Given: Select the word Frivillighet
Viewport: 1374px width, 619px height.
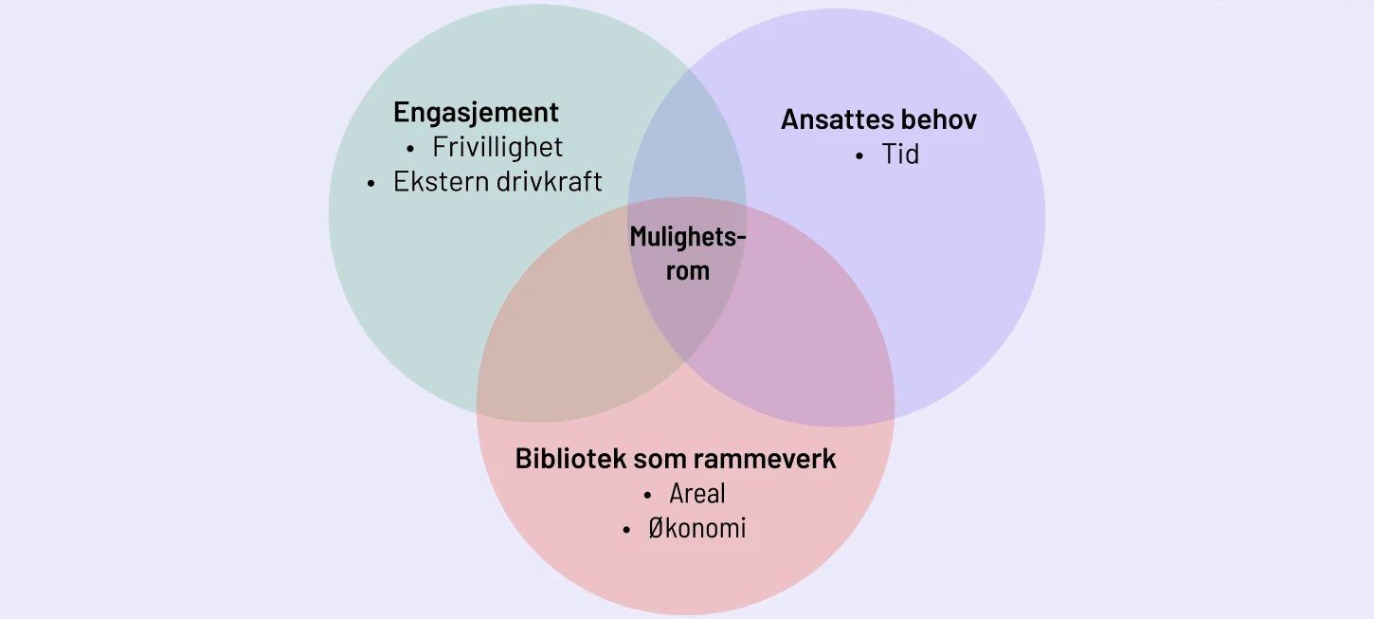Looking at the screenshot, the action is click(x=497, y=147).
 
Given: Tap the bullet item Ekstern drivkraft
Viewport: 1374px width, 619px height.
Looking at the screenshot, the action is click(x=497, y=182).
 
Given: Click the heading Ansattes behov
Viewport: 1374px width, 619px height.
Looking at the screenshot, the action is click(x=878, y=119).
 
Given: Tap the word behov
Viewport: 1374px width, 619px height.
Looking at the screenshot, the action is click(x=941, y=119).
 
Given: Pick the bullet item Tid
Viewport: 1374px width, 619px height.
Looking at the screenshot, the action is click(x=900, y=155).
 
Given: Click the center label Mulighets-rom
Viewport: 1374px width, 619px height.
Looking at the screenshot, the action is click(x=688, y=253).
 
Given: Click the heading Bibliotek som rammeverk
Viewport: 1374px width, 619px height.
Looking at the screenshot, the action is click(x=676, y=459).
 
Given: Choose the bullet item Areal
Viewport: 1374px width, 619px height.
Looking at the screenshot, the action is click(x=696, y=494).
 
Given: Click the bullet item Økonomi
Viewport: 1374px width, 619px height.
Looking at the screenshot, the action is click(x=696, y=528).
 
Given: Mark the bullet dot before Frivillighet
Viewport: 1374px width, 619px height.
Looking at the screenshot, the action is click(x=410, y=149).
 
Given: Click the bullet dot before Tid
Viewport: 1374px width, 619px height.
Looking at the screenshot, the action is click(x=859, y=156).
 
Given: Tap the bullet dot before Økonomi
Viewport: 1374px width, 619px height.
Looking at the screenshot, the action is click(x=626, y=530).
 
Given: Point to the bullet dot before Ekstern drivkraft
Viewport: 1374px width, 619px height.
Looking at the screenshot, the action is click(x=371, y=184).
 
